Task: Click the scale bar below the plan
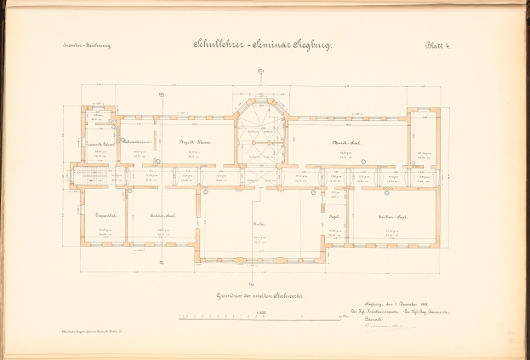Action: (x=259, y=318)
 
